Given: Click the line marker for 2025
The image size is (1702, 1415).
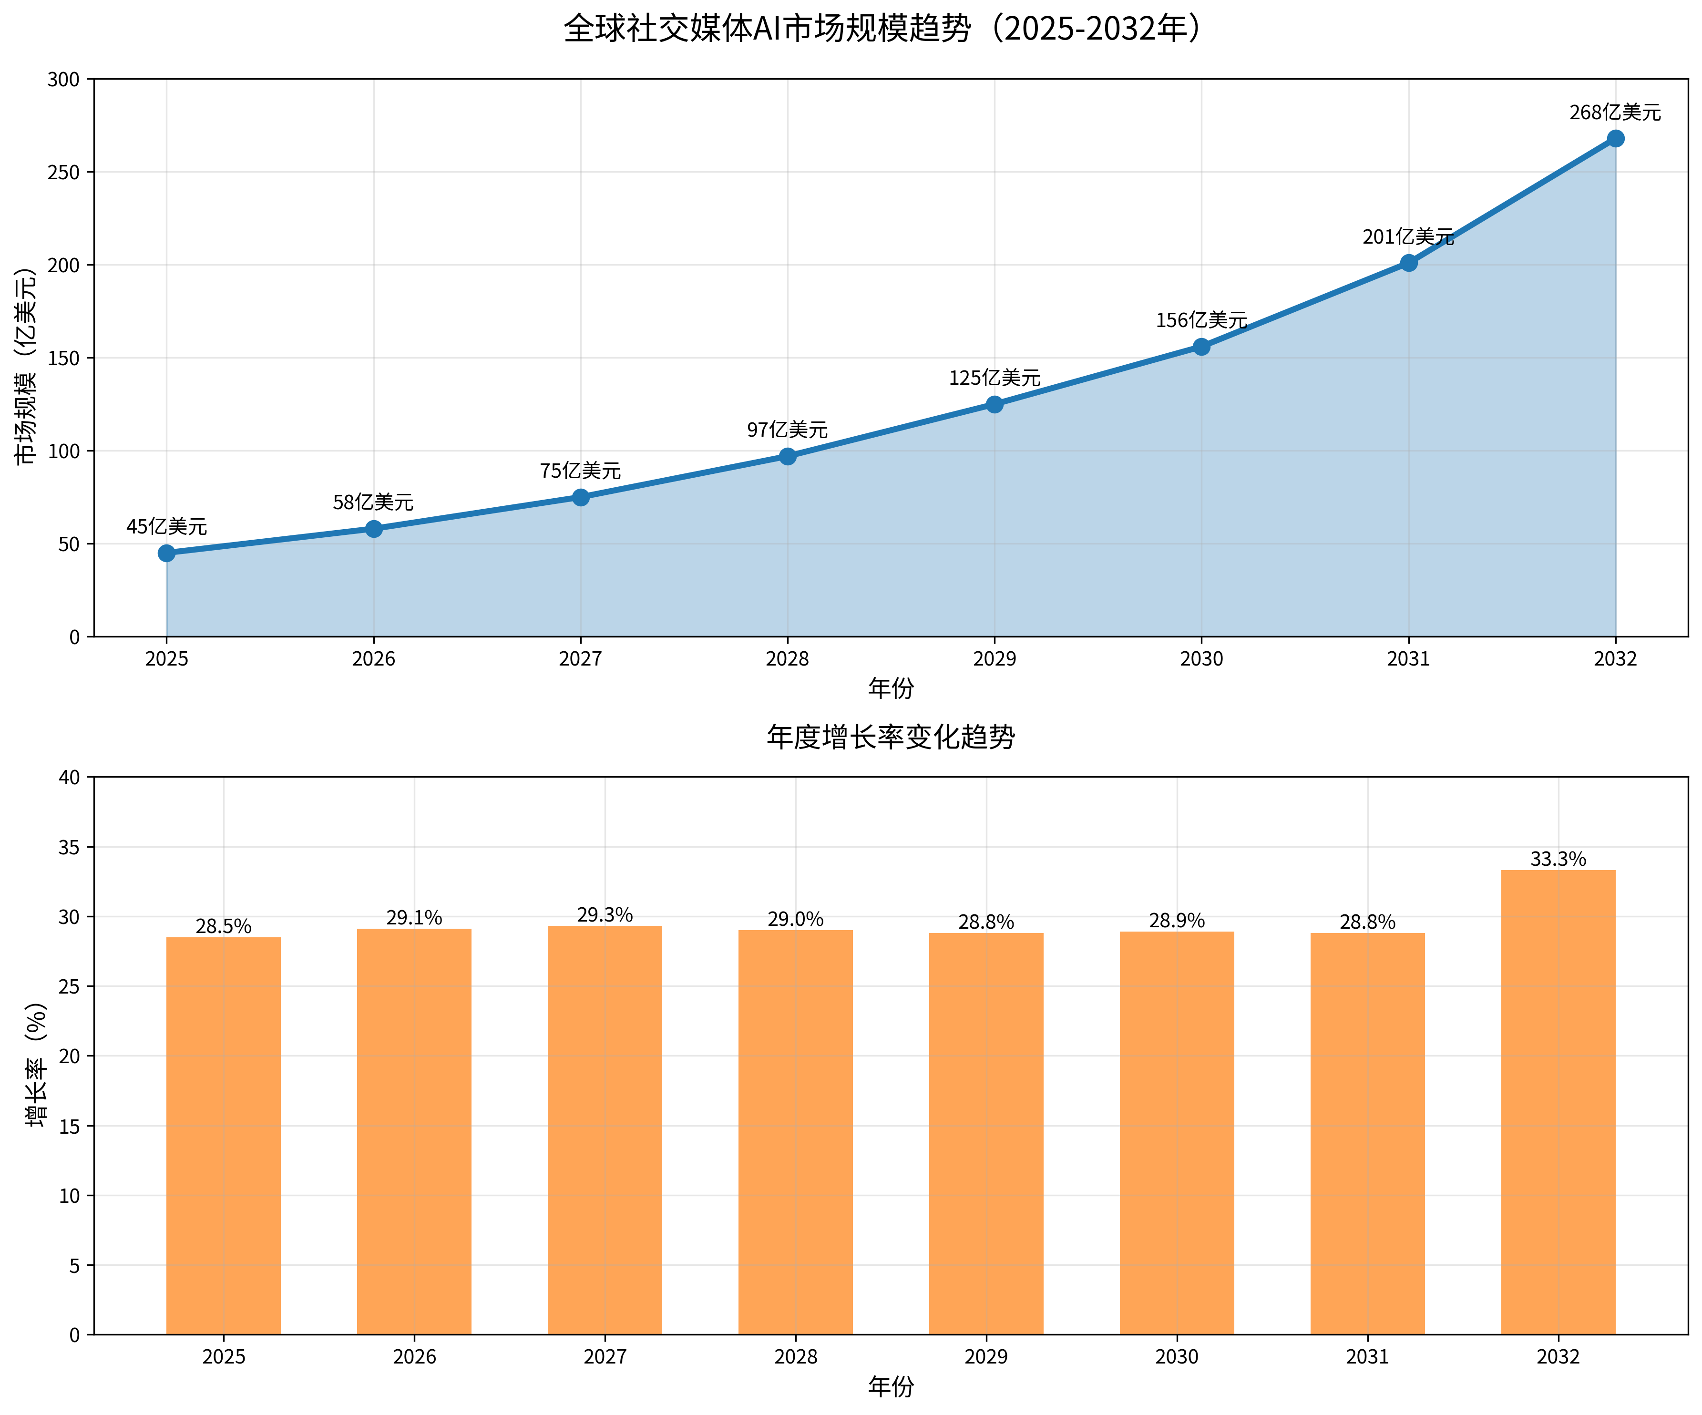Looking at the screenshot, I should pos(166,553).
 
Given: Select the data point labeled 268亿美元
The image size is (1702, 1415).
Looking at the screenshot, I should pos(1615,139).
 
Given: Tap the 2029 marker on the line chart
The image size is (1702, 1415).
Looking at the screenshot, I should pos(995,404).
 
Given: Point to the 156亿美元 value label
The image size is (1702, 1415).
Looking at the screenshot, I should pos(1201,320).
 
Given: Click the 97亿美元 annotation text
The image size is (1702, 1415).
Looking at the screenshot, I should pos(787,430).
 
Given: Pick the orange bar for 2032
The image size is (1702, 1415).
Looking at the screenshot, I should pos(1558,1102).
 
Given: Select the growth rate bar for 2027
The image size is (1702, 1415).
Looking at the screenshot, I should pos(605,1130).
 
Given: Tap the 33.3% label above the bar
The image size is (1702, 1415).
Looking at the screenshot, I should pos(1558,859).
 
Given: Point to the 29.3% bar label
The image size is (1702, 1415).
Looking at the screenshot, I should pos(605,915).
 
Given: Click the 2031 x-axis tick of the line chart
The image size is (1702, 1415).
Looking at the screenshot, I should pos(1409,659).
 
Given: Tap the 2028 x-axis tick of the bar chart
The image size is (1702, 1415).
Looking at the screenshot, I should pos(796,1357).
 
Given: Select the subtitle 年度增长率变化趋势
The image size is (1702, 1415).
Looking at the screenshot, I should pos(890,737).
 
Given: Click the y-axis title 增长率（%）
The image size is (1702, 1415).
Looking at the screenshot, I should pos(36,1065).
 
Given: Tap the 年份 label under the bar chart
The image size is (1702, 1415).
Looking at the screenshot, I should pos(891,1387).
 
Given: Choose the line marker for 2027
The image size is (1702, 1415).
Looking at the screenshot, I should pos(580,497).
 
